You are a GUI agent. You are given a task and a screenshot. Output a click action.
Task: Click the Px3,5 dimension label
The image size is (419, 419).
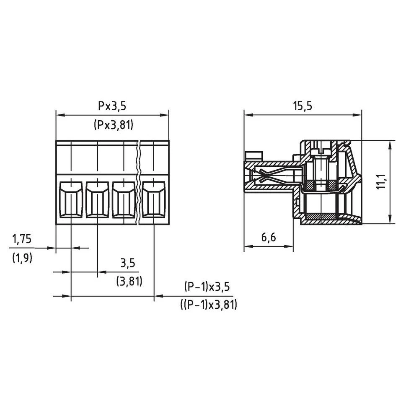[x=112, y=106]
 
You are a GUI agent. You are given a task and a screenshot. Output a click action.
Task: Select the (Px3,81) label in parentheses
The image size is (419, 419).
[x=113, y=125]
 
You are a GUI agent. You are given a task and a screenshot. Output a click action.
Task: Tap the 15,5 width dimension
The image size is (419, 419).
[x=303, y=106]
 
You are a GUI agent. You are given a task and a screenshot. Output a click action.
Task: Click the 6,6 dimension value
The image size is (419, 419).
[x=269, y=237]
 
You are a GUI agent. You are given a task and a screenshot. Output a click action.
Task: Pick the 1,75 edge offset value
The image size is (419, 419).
[x=22, y=239]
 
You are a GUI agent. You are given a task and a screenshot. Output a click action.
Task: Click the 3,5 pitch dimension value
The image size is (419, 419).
[x=128, y=263]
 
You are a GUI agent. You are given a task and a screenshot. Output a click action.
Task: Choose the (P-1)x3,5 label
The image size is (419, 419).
[x=207, y=287]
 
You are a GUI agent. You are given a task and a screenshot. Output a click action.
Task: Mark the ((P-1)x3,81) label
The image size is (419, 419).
[x=209, y=305]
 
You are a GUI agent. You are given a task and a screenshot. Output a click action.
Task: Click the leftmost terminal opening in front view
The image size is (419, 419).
[x=71, y=199]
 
